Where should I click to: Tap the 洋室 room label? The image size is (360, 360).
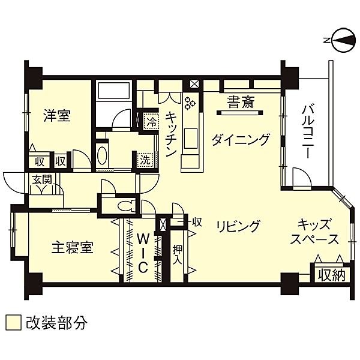[57, 116]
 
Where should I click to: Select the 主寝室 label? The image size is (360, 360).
[73, 247]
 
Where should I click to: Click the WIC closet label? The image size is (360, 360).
[143, 253]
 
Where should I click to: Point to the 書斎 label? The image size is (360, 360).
[241, 102]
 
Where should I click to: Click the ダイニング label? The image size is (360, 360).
[241, 139]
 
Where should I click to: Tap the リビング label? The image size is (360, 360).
[239, 226]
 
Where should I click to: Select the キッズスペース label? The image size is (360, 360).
[314, 232]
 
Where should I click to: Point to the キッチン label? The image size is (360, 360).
[171, 134]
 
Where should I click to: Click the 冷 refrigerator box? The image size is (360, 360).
[151, 121]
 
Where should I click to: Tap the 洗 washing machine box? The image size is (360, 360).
[145, 159]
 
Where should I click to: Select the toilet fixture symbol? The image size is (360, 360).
[127, 205]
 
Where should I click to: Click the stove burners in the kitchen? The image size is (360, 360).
[190, 103]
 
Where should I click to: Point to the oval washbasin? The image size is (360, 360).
[102, 156]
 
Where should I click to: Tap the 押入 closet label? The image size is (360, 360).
[177, 255]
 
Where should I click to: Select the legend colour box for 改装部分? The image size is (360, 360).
[13, 322]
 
